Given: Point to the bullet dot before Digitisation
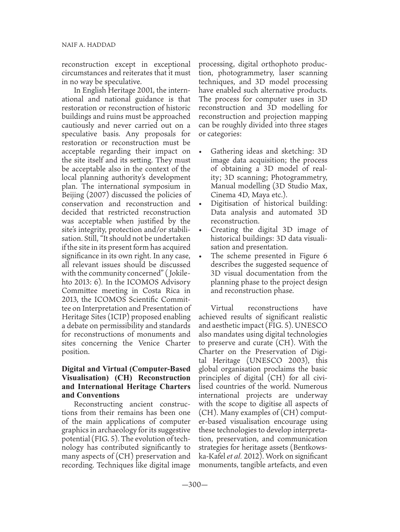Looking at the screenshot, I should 201,204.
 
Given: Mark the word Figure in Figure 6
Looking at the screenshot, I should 305,256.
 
